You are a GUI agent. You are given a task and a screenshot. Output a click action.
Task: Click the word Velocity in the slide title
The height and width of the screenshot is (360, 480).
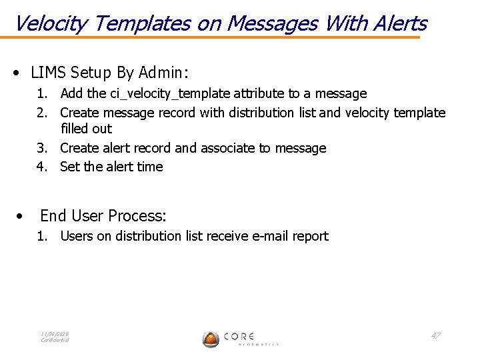51,24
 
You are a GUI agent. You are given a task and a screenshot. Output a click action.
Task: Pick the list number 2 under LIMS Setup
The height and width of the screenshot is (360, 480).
41,113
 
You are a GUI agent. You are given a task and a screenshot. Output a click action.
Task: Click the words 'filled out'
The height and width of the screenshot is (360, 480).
86,129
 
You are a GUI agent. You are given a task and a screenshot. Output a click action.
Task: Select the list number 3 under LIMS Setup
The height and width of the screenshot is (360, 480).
41,148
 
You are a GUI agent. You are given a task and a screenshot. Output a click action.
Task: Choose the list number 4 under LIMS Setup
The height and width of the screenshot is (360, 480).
41,167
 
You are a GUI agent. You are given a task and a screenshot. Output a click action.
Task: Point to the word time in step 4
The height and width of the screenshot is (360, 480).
150,167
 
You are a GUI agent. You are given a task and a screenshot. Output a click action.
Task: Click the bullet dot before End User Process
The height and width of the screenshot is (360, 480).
22,216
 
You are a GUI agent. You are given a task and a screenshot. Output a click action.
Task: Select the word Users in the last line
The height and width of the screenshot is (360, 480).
77,236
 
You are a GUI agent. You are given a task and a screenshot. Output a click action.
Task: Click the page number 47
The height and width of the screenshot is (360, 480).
435,335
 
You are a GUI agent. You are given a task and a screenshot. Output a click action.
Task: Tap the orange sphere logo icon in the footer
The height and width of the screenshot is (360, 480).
211,339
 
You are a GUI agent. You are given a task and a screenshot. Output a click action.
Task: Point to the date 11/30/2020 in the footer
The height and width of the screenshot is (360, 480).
55,333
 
